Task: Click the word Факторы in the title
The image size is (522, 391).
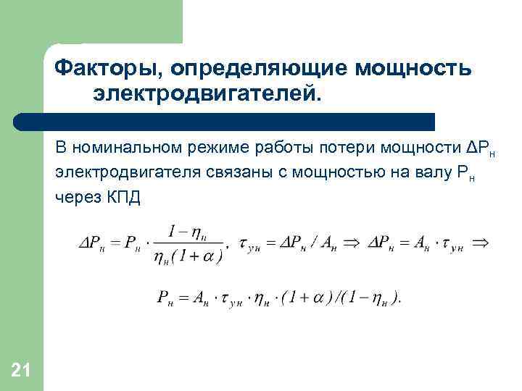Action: click(x=107, y=68)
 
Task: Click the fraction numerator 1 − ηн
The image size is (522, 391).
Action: click(x=186, y=232)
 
